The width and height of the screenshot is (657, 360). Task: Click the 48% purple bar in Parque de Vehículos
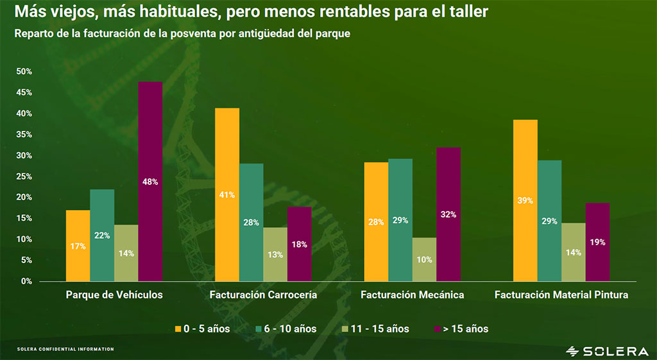[x=150, y=182]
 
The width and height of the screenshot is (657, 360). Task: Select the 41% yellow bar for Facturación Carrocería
[x=227, y=194]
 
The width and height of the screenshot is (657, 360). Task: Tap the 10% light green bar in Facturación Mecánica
[x=424, y=259]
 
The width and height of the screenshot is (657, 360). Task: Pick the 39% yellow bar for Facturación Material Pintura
[x=525, y=200]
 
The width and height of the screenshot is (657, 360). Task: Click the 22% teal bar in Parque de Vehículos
[x=102, y=235]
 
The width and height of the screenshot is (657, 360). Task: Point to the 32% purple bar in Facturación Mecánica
[x=448, y=214]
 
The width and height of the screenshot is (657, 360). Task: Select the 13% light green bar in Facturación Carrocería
[x=275, y=254]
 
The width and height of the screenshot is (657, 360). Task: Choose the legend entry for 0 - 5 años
[x=201, y=329]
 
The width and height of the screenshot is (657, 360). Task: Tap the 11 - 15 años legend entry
[x=376, y=329]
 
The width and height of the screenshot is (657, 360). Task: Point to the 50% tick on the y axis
[x=24, y=72]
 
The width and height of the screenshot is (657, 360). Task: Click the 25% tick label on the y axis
[x=24, y=176]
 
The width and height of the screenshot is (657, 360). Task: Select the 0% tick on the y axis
[x=26, y=281]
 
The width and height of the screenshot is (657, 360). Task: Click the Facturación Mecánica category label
[x=412, y=295]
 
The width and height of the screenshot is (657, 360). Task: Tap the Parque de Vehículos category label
[x=114, y=295]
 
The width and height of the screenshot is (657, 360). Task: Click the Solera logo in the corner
[x=607, y=350]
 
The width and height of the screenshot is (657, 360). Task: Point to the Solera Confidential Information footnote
[x=65, y=349]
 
